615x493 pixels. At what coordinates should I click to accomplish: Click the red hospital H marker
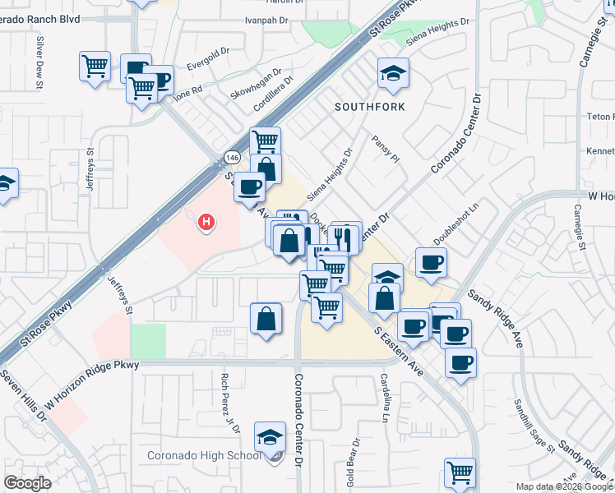coord(207,221)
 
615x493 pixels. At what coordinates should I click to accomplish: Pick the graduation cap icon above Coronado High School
coord(270,437)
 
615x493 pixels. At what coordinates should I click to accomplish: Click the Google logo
coord(27,483)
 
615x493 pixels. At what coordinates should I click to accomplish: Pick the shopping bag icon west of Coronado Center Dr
coord(266,318)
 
